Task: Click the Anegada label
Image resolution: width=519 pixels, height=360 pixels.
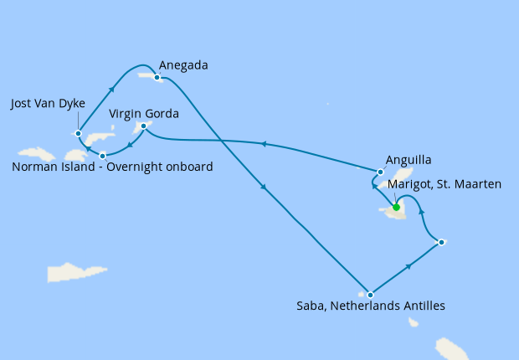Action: click(182, 65)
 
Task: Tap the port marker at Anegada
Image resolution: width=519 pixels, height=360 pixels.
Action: click(157, 77)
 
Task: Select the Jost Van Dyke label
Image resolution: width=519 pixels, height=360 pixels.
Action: click(48, 104)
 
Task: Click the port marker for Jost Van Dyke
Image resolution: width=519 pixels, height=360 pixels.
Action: click(78, 132)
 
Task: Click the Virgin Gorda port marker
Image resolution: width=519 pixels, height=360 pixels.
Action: click(144, 126)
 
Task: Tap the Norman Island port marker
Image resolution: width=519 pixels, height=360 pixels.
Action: click(102, 156)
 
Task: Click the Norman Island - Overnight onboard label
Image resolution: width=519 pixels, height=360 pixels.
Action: click(112, 167)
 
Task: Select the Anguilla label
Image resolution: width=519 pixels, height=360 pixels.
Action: click(409, 159)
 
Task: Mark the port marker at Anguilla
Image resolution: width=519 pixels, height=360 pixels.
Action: click(381, 172)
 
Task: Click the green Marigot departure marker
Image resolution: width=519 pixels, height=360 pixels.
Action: click(396, 208)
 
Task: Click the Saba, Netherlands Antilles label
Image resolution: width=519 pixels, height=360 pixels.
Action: click(371, 306)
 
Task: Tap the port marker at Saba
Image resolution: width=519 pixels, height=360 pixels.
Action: click(370, 295)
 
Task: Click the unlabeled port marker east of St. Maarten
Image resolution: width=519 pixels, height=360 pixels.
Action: click(441, 243)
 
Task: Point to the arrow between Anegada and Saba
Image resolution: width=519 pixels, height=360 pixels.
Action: click(265, 188)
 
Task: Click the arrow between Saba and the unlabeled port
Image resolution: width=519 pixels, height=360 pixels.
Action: click(409, 266)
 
